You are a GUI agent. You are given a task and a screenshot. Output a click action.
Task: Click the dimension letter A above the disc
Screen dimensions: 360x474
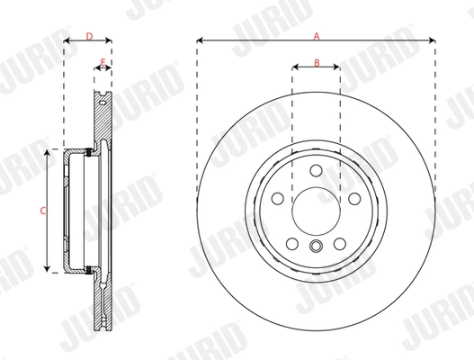click(x=316, y=35)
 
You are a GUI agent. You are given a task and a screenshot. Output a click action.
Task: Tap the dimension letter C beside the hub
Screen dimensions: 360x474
click(x=42, y=211)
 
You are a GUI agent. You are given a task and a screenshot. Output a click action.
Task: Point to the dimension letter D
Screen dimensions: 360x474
click(x=88, y=35)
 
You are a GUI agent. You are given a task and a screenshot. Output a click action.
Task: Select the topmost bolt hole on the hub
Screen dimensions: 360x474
click(x=316, y=171)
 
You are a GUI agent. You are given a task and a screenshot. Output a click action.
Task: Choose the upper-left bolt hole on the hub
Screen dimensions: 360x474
click(x=277, y=199)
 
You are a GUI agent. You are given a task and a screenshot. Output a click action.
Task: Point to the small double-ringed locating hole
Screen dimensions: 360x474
click(x=316, y=248)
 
